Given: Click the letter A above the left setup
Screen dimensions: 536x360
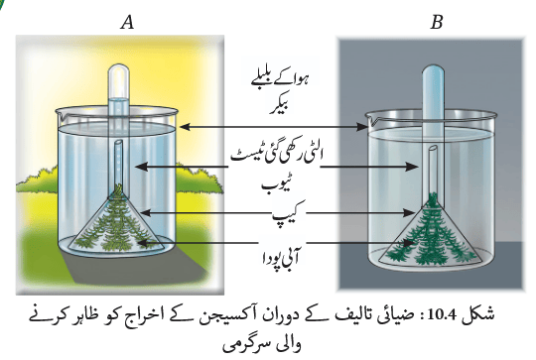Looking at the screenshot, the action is pos(127,23).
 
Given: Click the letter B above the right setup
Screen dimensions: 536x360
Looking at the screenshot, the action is pos(437,23).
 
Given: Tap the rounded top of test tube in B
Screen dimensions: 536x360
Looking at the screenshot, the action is pos(433,71).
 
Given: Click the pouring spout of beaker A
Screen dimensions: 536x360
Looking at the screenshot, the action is pos(60,113).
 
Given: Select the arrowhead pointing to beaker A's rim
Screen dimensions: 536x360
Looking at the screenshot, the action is pos(185,127).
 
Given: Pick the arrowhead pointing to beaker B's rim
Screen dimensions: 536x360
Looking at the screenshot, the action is pos(361,127).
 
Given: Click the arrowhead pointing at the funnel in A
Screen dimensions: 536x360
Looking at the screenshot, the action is pos(146,213).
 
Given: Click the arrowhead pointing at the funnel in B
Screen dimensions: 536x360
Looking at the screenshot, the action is pos(409,213).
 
